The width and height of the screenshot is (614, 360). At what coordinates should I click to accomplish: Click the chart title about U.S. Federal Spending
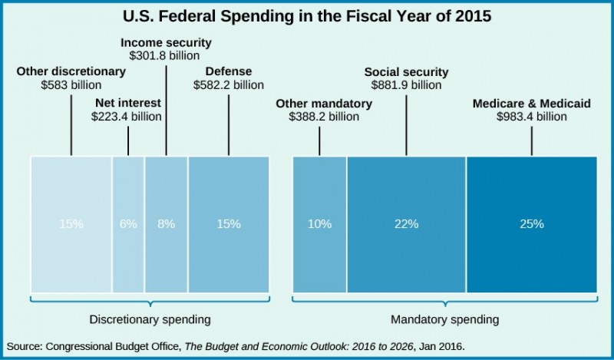tap(307, 15)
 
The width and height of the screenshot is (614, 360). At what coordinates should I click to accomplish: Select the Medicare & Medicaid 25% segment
tap(531, 224)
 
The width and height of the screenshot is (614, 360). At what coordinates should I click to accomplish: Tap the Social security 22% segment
tap(406, 224)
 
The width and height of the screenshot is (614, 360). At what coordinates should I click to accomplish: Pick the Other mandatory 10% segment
tap(320, 224)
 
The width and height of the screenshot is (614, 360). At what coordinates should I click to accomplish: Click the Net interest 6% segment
tap(128, 224)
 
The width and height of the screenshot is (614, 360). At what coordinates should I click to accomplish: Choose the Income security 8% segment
tap(167, 224)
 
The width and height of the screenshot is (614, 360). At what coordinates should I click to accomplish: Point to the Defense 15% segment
tap(229, 224)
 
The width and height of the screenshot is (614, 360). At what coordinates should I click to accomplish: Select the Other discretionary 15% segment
tap(71, 224)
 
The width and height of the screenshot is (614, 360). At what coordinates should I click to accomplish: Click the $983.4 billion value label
tap(531, 117)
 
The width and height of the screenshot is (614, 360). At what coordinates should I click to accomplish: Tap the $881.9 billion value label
tap(406, 85)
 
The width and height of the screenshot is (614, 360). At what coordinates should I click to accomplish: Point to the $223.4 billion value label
tap(127, 117)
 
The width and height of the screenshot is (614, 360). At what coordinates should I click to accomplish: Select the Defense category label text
tap(229, 72)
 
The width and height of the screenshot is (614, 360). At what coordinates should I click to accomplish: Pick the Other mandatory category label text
tap(324, 104)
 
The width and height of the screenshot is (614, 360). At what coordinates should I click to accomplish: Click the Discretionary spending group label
tap(150, 318)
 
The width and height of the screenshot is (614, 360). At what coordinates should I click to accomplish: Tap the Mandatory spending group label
tap(444, 318)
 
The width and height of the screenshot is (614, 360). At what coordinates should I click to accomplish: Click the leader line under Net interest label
tap(128, 140)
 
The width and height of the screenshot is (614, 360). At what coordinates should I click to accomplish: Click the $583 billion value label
tap(71, 85)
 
